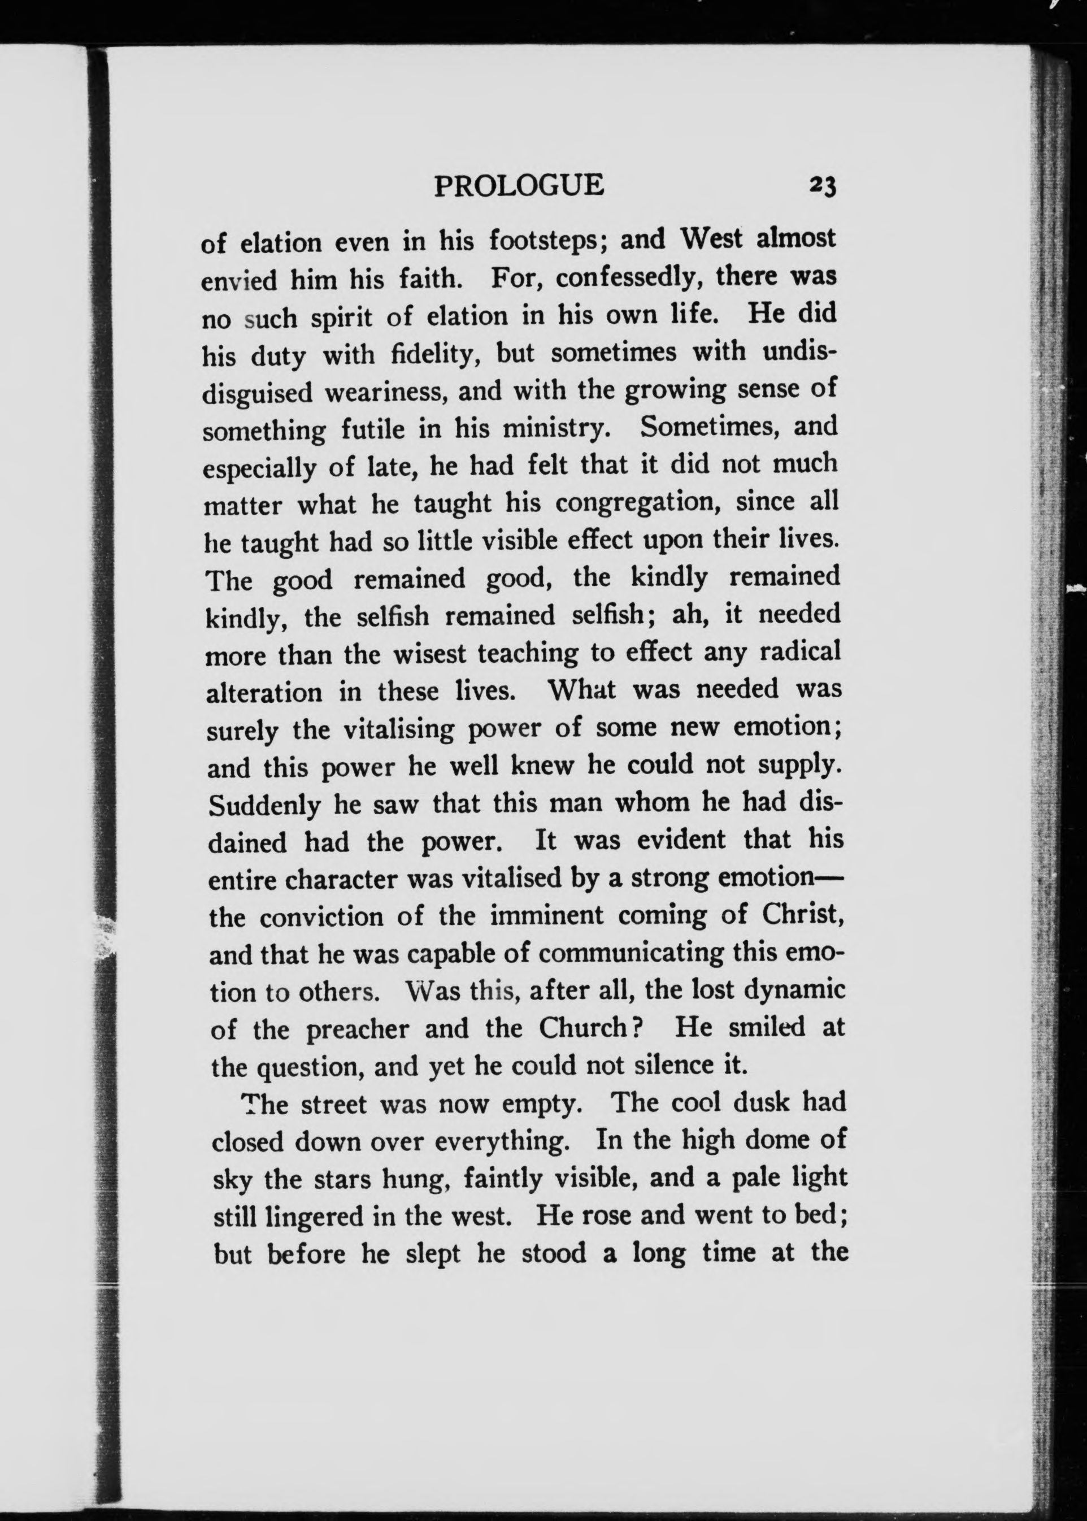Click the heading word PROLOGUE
tap(519, 185)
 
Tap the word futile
tap(372, 428)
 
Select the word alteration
tap(264, 691)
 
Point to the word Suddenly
tap(265, 804)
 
